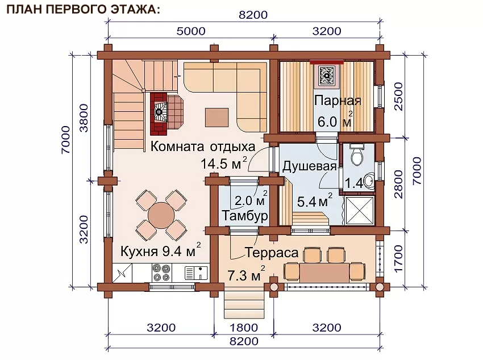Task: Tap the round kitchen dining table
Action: click(x=161, y=215)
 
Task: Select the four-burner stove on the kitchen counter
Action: click(x=162, y=273)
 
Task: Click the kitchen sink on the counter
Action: click(x=196, y=273)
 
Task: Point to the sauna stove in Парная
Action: click(x=327, y=75)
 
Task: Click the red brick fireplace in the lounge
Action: click(x=159, y=114)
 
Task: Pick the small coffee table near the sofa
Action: click(x=217, y=117)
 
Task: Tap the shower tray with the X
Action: click(x=360, y=211)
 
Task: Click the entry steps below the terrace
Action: click(x=244, y=304)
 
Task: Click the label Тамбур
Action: click(x=245, y=216)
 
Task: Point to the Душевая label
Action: click(x=309, y=166)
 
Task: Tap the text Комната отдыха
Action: click(x=203, y=146)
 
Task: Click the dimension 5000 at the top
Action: click(x=191, y=31)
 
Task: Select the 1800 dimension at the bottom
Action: click(x=244, y=328)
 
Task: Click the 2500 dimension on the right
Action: click(x=398, y=97)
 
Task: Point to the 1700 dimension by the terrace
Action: click(x=398, y=258)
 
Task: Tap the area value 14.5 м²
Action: click(x=224, y=163)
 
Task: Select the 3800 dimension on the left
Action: click(x=84, y=118)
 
